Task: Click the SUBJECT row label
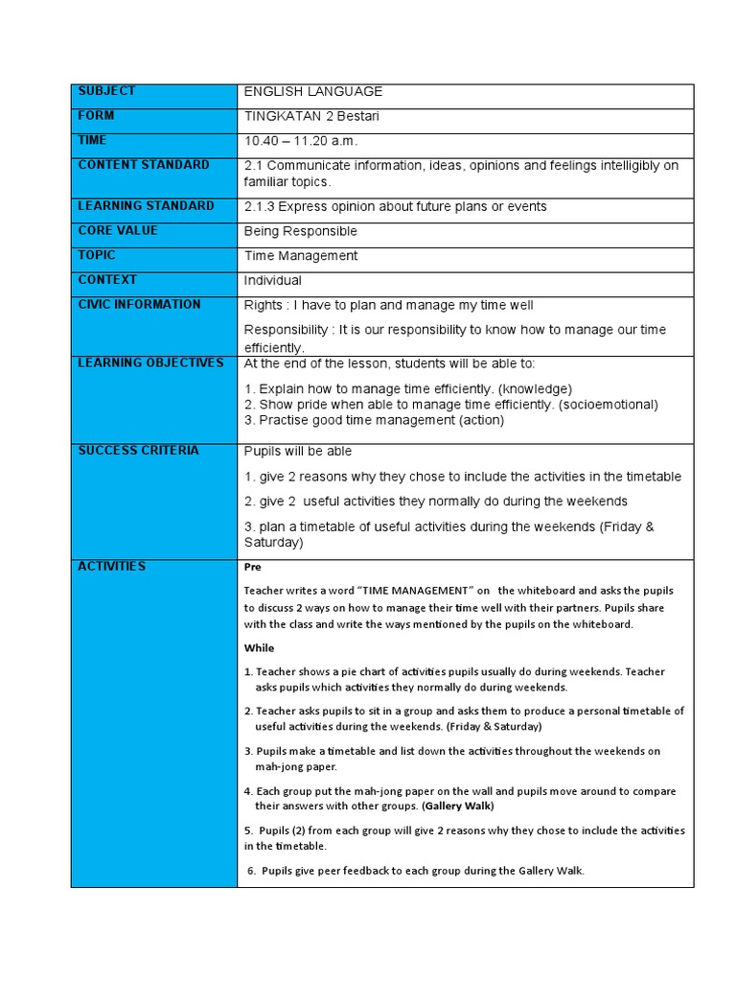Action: (x=106, y=91)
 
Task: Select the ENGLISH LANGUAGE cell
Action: (x=312, y=92)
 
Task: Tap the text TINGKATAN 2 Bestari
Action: (x=311, y=116)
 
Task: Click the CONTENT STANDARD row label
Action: (x=143, y=165)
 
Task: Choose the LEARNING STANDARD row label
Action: (x=146, y=206)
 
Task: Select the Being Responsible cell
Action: (x=300, y=231)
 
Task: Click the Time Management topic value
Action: (x=300, y=256)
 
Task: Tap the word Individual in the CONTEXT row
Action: (x=272, y=281)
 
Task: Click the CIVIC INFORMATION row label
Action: (x=139, y=305)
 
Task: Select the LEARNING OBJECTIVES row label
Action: (x=150, y=363)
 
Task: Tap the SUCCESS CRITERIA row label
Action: (x=138, y=451)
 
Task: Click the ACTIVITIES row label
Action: (x=111, y=567)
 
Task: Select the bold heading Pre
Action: (x=252, y=568)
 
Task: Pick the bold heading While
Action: (x=259, y=648)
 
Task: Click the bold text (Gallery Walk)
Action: (x=458, y=807)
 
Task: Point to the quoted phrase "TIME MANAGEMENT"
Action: (x=403, y=591)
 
